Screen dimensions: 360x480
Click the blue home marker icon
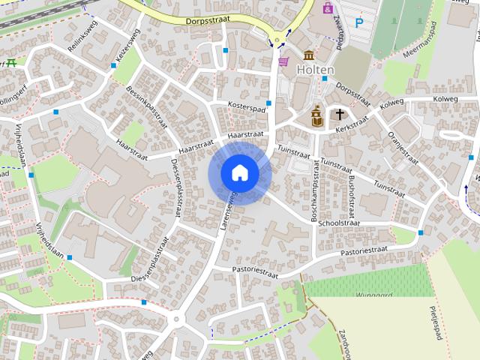pyautogui.click(x=239, y=172)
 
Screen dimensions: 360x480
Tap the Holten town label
pyautogui.click(x=314, y=69)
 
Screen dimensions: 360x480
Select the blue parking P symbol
pyautogui.click(x=359, y=23)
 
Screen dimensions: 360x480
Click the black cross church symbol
pyautogui.click(x=340, y=115)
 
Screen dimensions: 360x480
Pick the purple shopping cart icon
pyautogui.click(x=283, y=61)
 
